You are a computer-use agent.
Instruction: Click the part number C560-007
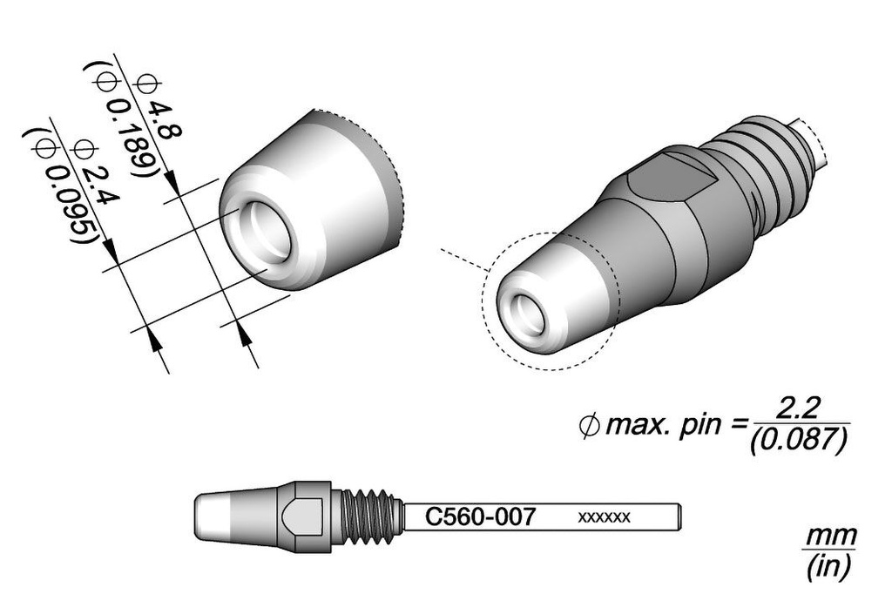coord(480,516)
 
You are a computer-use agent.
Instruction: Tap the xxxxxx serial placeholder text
coord(604,517)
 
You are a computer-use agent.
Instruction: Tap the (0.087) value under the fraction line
coord(799,441)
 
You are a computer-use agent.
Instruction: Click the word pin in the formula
coord(700,426)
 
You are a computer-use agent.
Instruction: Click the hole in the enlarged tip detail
coord(265,233)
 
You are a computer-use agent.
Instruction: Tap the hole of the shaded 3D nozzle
coord(527,314)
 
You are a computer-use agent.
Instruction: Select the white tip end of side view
coord(213,516)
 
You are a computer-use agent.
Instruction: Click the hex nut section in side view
coord(304,516)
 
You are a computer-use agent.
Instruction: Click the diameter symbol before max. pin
coord(589,426)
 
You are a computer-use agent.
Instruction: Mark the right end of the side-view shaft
coord(681,517)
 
